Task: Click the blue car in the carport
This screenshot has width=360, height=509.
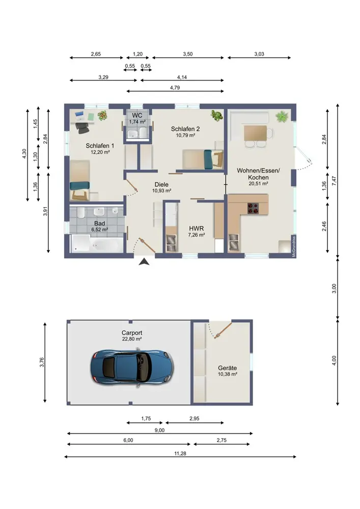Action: pyautogui.click(x=132, y=367)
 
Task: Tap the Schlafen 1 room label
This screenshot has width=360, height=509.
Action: pyautogui.click(x=100, y=146)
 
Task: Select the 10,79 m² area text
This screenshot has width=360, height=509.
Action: pyautogui.click(x=186, y=135)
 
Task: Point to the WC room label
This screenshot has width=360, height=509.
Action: pyautogui.click(x=137, y=116)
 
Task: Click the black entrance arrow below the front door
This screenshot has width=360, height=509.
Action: pyautogui.click(x=144, y=262)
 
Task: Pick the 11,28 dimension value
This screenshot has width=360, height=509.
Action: pyautogui.click(x=180, y=454)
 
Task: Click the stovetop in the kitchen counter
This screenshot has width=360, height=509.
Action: pyautogui.click(x=253, y=208)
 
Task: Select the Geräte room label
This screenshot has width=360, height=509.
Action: pyautogui.click(x=227, y=368)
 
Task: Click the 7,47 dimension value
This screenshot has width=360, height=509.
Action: pyautogui.click(x=334, y=181)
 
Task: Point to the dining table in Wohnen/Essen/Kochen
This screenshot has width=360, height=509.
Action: pyautogui.click(x=256, y=133)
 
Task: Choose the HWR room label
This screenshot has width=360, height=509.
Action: pyautogui.click(x=197, y=229)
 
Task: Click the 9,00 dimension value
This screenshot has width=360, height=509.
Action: pyautogui.click(x=159, y=431)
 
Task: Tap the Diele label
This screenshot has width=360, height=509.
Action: pyautogui.click(x=161, y=185)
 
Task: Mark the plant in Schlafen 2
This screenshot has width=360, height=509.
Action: pyautogui.click(x=216, y=115)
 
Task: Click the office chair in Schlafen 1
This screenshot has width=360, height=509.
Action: pyautogui.click(x=82, y=128)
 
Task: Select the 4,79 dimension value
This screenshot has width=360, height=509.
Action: pyautogui.click(x=175, y=88)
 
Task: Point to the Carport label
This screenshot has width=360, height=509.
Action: pyautogui.click(x=132, y=333)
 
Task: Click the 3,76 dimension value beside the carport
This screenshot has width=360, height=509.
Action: pyautogui.click(x=42, y=362)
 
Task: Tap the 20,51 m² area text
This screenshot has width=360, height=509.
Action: pyautogui.click(x=258, y=183)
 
